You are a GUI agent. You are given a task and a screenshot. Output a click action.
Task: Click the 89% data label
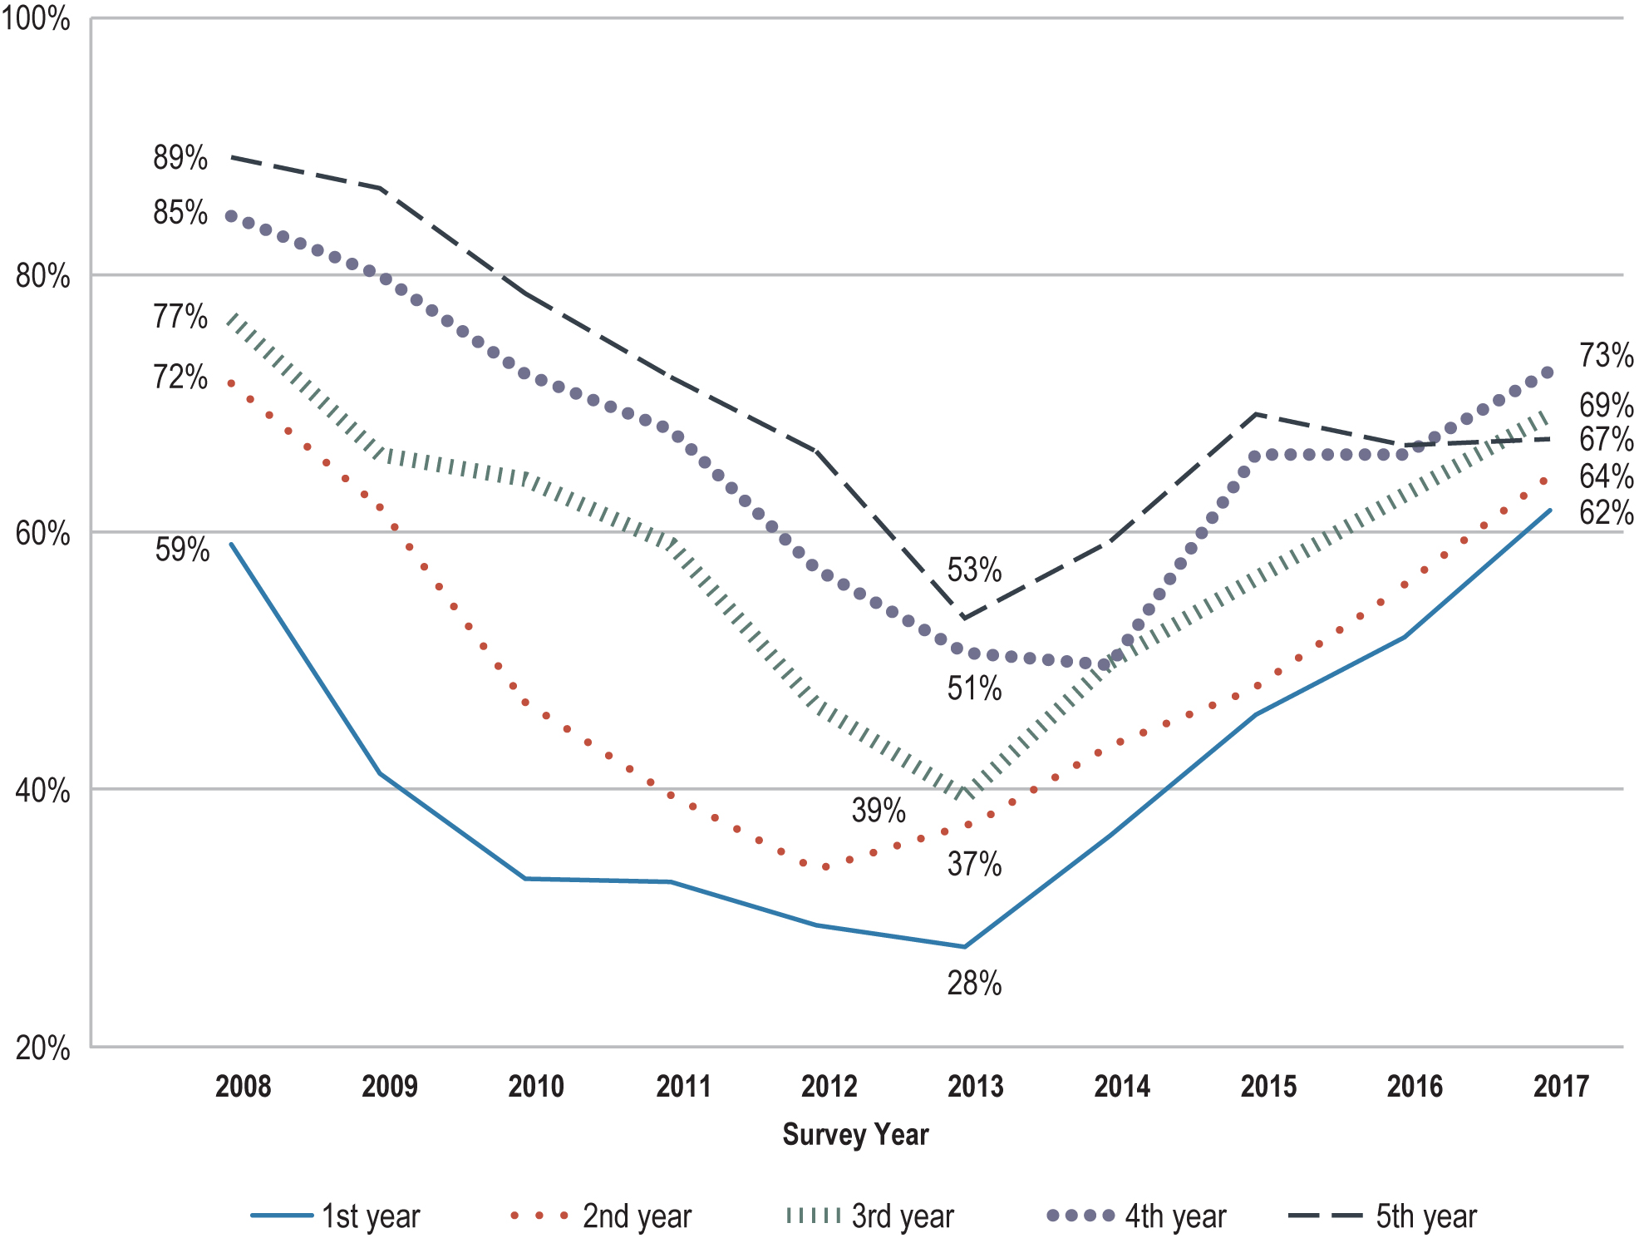click(180, 157)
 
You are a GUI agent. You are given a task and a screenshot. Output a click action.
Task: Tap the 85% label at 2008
click(180, 212)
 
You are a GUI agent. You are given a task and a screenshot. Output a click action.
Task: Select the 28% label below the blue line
click(974, 984)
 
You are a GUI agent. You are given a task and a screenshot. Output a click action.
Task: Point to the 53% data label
click(974, 570)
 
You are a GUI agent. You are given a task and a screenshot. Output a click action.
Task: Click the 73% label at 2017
click(1606, 355)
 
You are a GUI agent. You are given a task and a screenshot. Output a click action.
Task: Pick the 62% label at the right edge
click(1606, 512)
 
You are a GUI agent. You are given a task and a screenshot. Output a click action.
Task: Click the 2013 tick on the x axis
click(976, 1086)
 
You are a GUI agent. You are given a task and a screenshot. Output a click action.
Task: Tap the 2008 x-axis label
click(243, 1086)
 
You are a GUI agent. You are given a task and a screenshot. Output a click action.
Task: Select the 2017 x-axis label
click(1561, 1086)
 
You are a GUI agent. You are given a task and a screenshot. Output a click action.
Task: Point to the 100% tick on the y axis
click(35, 18)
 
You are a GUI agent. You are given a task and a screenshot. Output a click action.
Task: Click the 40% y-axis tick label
click(42, 790)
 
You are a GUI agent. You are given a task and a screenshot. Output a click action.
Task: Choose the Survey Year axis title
click(855, 1134)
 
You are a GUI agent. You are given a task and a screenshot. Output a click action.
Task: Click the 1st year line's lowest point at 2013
click(964, 946)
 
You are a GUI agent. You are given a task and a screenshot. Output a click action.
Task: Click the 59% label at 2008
click(182, 550)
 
